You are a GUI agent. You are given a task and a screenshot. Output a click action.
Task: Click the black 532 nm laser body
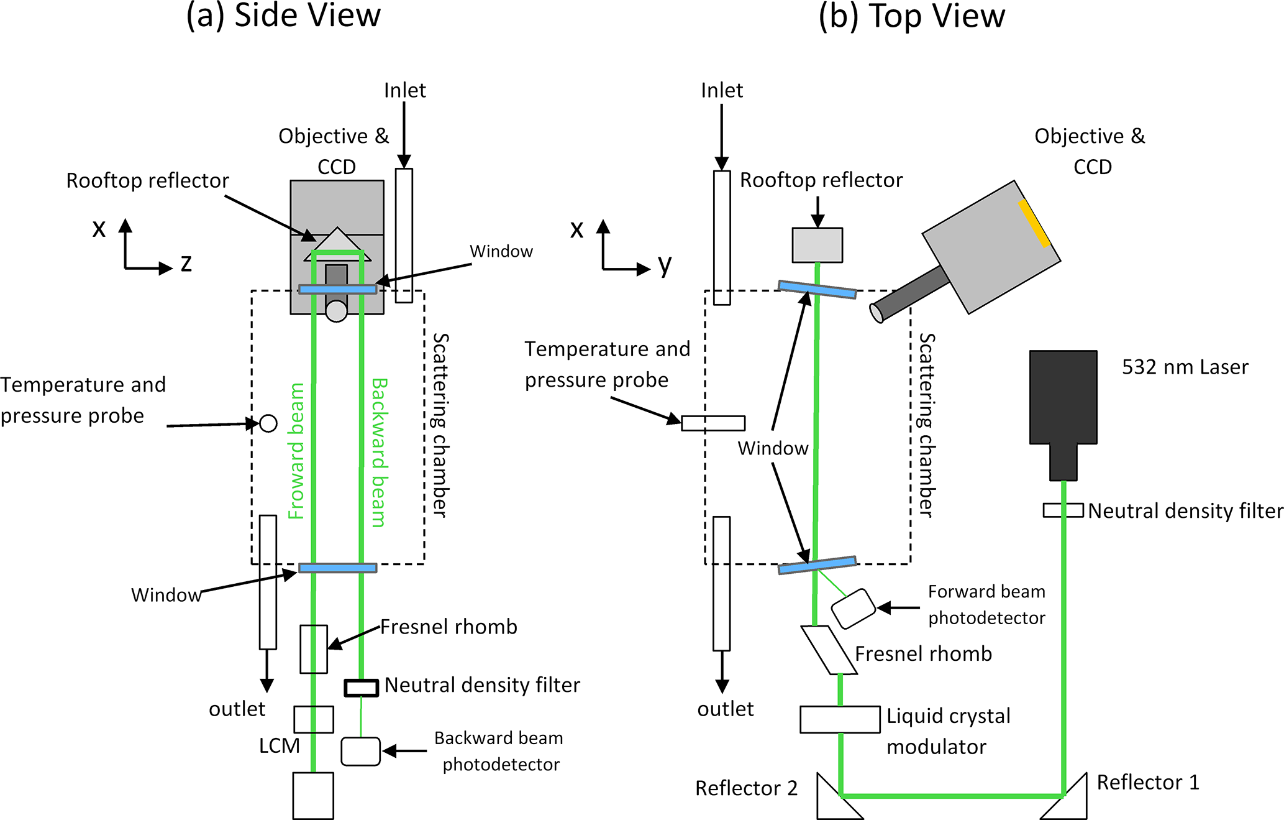click(1063, 398)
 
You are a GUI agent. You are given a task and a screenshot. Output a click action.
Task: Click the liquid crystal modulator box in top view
click(840, 719)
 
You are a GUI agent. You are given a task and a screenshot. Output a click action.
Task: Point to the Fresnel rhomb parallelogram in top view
click(829, 650)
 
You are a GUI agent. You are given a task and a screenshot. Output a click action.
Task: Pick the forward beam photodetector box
click(853, 609)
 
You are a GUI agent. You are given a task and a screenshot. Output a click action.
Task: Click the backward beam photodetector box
click(360, 751)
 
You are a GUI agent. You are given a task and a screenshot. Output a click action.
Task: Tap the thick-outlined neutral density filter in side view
click(362, 688)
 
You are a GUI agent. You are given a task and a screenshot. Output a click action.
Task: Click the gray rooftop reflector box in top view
click(817, 245)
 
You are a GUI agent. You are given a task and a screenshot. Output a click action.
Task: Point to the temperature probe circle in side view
click(268, 423)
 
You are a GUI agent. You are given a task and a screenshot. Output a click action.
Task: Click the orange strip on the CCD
click(1034, 223)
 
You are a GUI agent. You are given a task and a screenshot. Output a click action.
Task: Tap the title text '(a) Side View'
click(283, 16)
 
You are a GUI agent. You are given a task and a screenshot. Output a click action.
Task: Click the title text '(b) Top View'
click(911, 16)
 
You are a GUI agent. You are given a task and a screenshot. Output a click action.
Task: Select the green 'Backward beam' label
click(379, 453)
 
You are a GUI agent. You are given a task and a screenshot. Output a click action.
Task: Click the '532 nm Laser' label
click(1185, 367)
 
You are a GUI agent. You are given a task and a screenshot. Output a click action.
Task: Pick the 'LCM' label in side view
click(279, 745)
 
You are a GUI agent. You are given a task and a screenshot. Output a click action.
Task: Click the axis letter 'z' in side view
click(186, 264)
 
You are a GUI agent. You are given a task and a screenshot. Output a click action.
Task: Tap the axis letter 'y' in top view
click(665, 265)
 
